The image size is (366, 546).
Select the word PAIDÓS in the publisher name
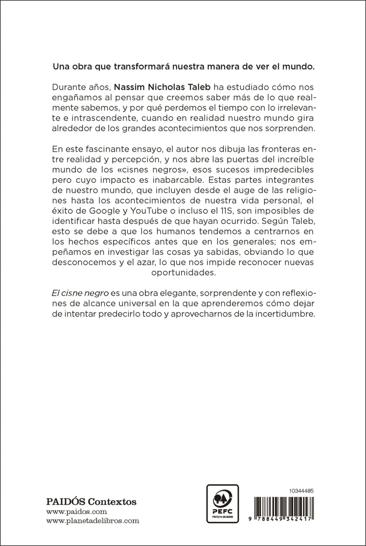65,502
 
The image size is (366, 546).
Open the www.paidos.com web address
75,512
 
